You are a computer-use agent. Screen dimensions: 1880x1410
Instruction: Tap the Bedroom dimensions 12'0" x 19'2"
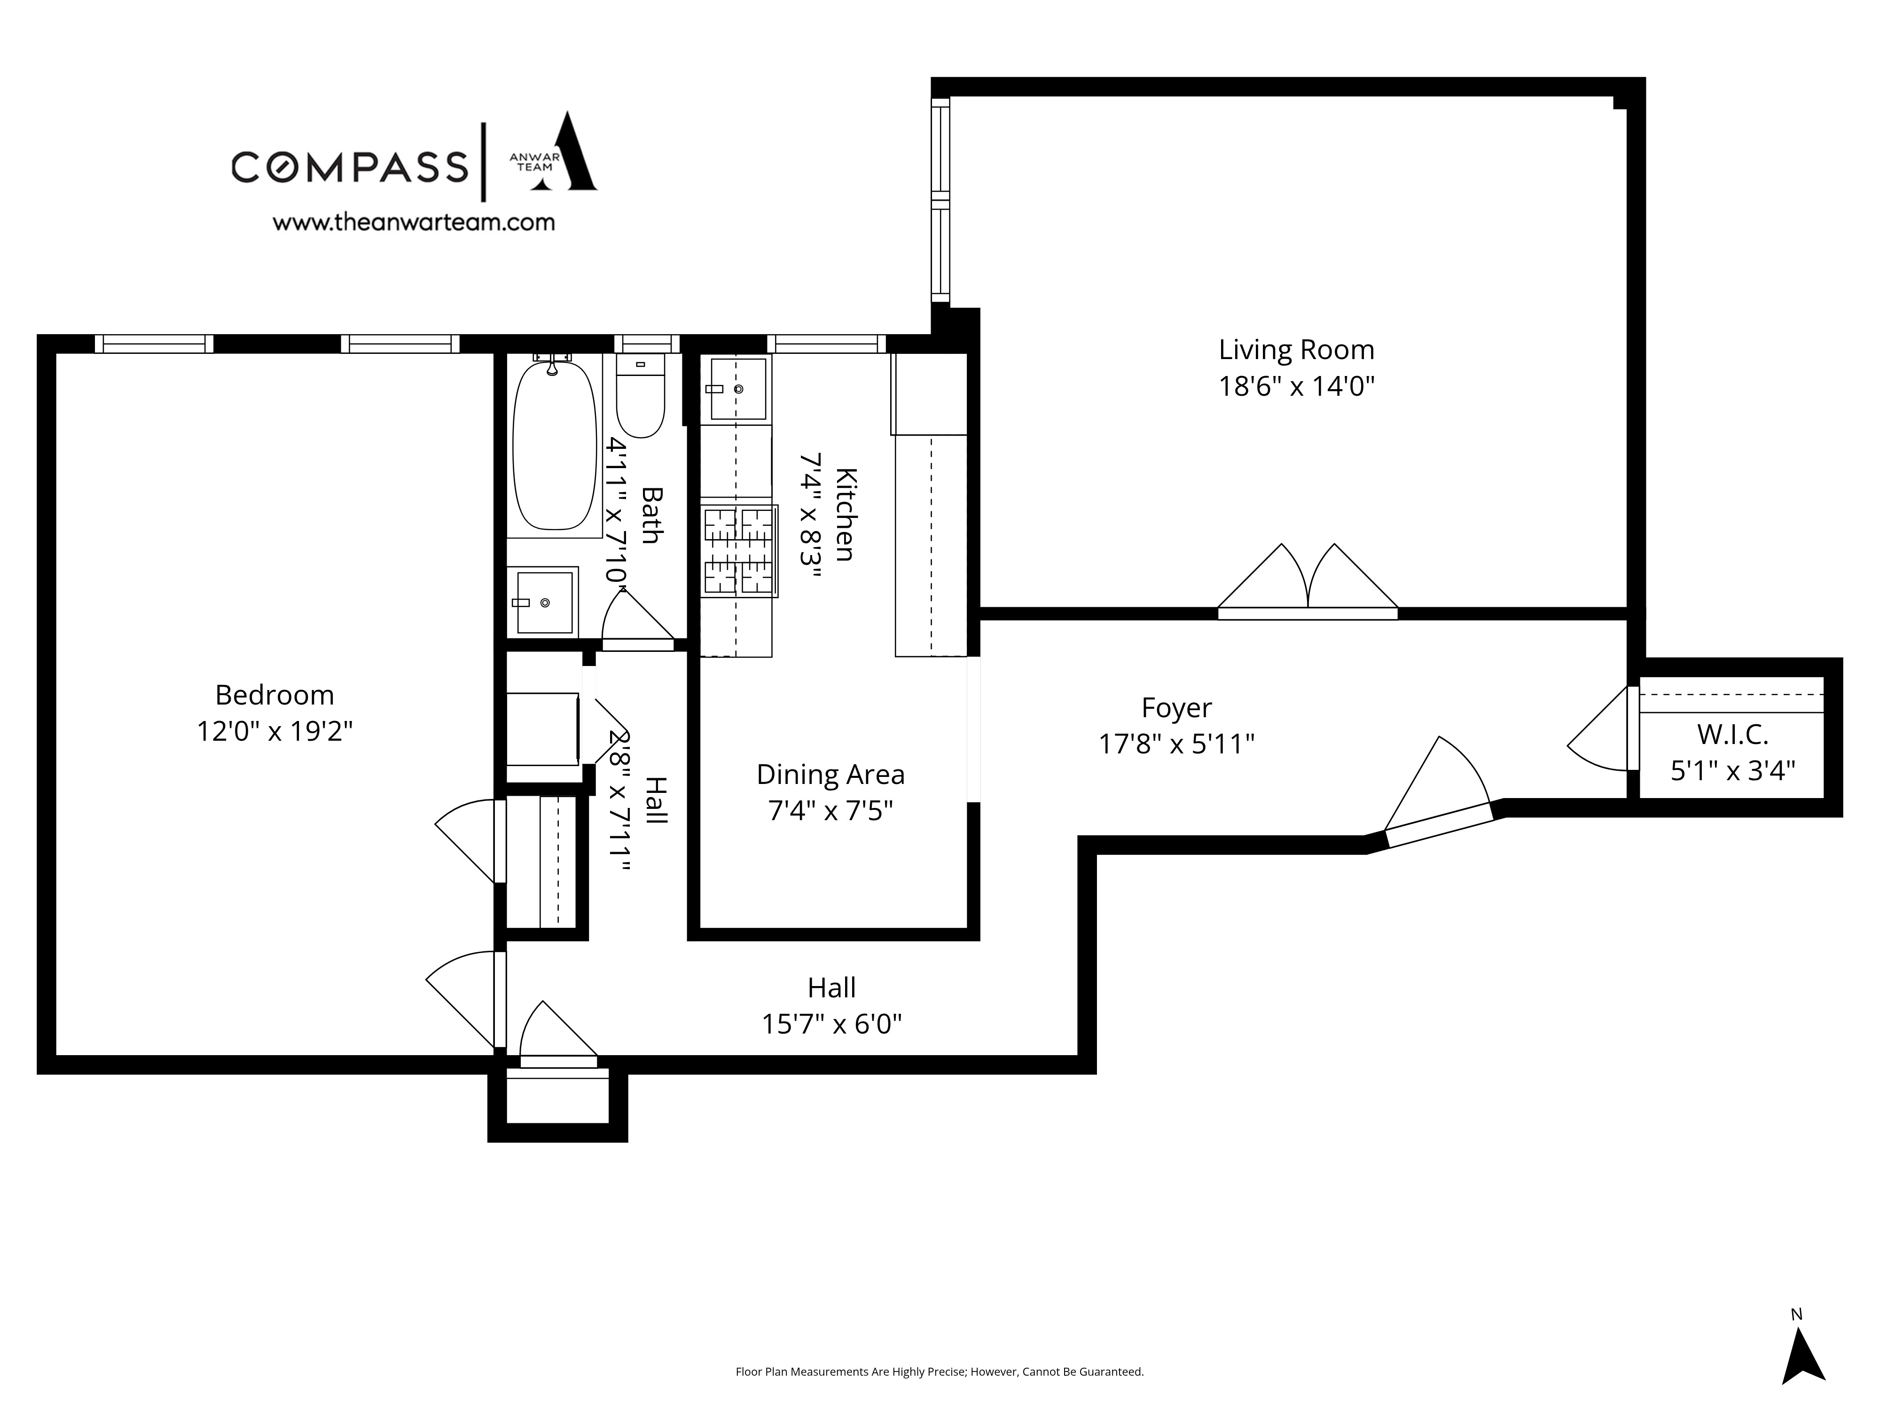coord(274,731)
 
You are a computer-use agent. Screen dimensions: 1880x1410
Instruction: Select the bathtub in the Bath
coord(554,446)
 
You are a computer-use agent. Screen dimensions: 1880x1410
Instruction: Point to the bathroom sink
coord(544,602)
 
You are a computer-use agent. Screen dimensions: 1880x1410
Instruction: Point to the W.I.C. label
coord(1732,734)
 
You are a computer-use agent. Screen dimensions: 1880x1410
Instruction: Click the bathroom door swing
coord(637,617)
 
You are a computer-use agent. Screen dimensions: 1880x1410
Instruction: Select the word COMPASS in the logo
coord(349,166)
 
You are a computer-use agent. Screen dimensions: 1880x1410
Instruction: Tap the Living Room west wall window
coord(940,201)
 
